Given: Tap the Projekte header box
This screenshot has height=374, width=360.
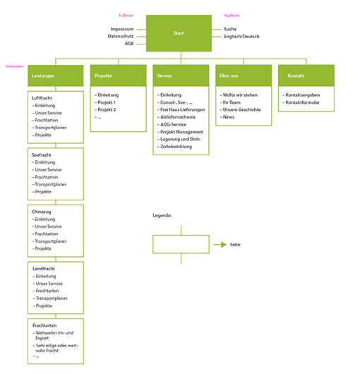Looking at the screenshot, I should pyautogui.click(x=118, y=75).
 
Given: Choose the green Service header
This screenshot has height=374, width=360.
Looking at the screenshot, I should pyautogui.click(x=180, y=75).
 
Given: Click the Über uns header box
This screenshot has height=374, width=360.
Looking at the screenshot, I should pyautogui.click(x=243, y=75).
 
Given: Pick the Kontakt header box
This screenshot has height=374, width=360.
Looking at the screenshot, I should pyautogui.click(x=306, y=75).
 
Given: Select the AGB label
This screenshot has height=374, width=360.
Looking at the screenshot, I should pyautogui.click(x=129, y=44).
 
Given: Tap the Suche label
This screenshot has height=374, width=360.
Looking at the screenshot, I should pyautogui.click(x=230, y=29).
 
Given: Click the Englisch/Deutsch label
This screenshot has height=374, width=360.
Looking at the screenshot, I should pyautogui.click(x=241, y=36).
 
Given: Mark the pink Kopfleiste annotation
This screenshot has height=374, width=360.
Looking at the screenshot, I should pyautogui.click(x=230, y=15).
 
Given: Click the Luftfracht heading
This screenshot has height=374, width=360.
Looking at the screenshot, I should pyautogui.click(x=43, y=98).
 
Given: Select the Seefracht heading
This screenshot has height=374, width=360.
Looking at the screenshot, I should pyautogui.click(x=43, y=155).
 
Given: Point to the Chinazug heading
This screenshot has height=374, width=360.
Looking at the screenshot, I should pyautogui.click(x=42, y=212).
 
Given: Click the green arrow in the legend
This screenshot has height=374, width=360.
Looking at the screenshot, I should pyautogui.click(x=219, y=244).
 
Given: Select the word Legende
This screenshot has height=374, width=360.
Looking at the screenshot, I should pyautogui.click(x=163, y=215).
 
